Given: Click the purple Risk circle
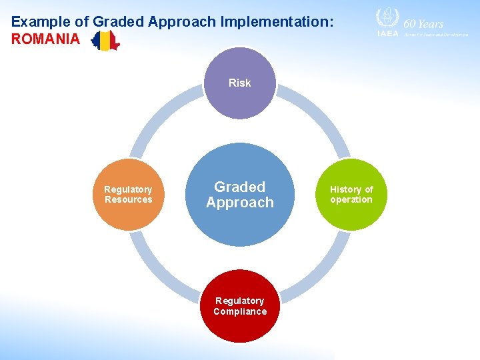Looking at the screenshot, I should coord(239,83).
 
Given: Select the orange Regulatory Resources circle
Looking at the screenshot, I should coord(128,195).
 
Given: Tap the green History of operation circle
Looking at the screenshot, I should coord(351,195).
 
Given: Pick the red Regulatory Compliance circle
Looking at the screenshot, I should coord(239,306).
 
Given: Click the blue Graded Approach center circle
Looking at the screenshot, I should coord(239,195).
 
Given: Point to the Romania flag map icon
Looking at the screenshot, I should coord(105,41).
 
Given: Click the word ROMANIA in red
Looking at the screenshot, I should coord(45,39).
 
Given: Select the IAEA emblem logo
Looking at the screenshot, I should coord(387,18).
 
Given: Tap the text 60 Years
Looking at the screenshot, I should coord(423,23).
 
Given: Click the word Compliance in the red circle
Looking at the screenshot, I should coord(239,311).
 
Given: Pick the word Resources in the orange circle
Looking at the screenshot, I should coord(128,199).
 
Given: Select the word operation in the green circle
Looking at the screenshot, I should coord(351,199).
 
